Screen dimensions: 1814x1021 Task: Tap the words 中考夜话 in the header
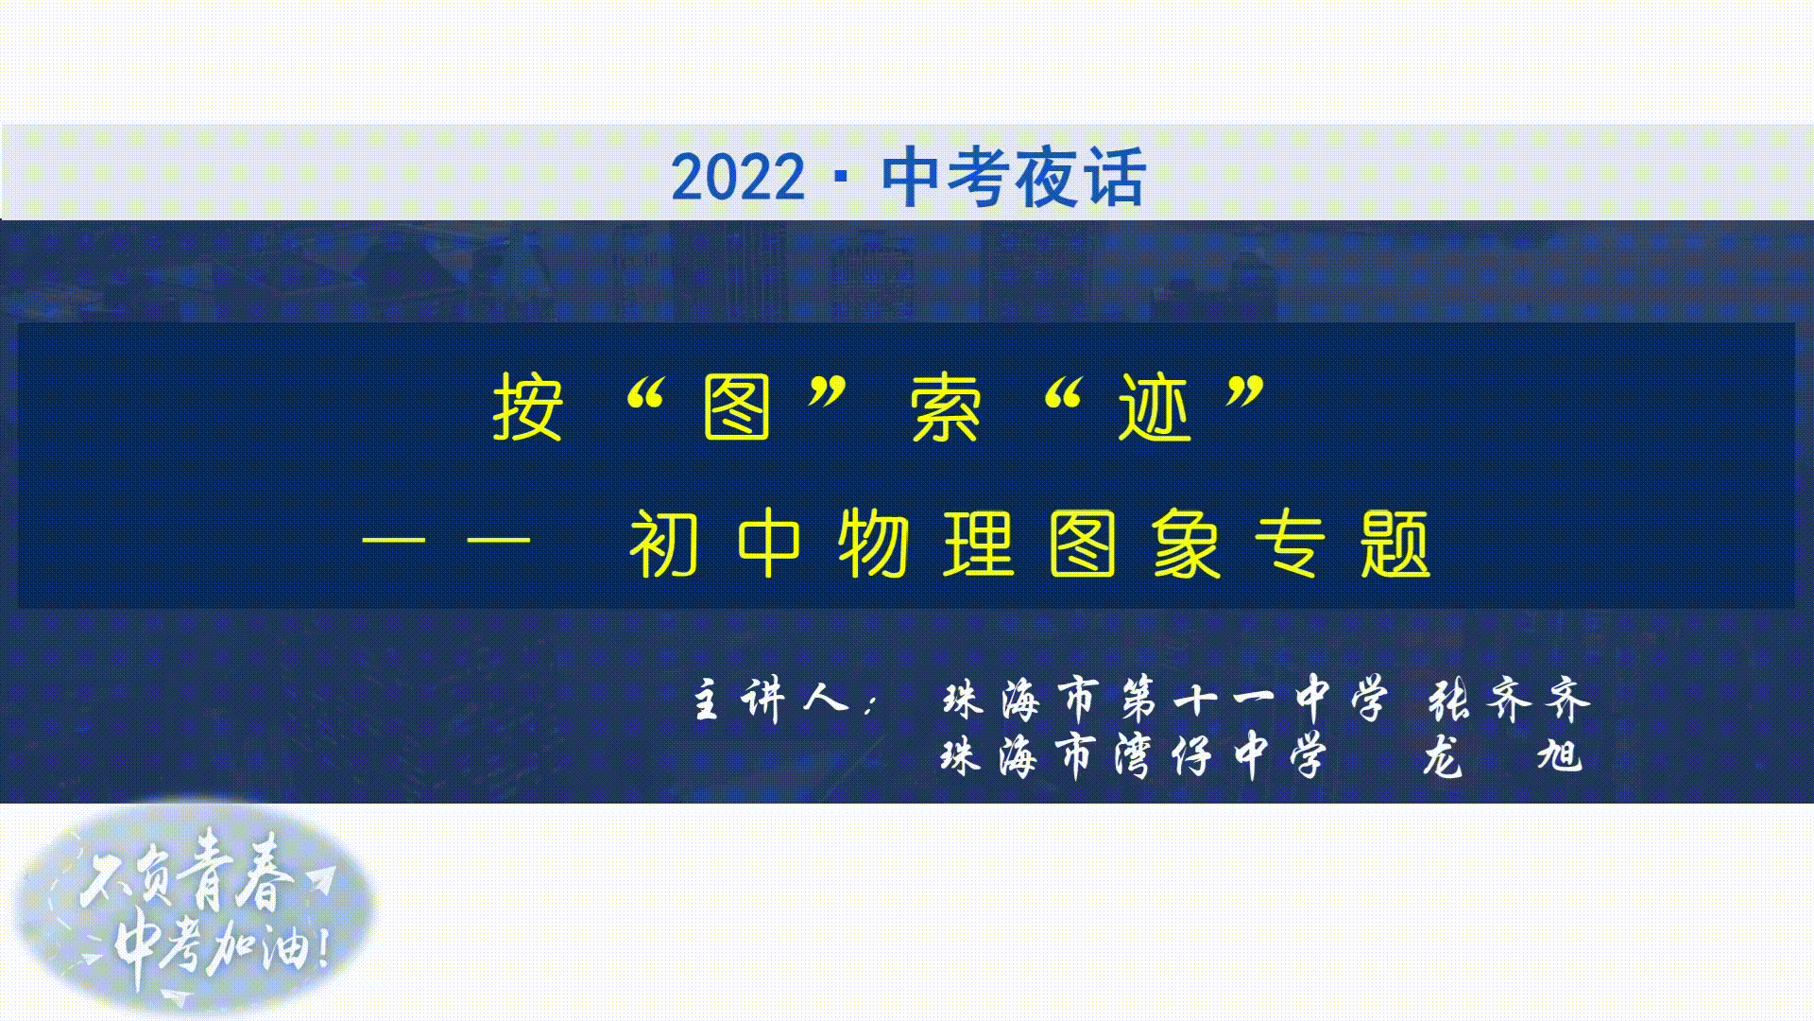coord(1014,177)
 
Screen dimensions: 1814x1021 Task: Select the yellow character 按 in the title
coord(528,408)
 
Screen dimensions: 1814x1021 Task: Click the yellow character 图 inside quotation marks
coord(737,408)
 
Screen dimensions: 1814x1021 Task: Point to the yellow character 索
coord(946,408)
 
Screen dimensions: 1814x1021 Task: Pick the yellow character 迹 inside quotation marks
coord(1155,408)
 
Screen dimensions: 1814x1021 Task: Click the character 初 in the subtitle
coord(664,545)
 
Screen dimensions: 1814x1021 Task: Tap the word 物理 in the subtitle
coord(927,545)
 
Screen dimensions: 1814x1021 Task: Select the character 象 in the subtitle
coord(1188,545)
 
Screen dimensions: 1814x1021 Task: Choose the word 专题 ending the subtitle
coord(1343,545)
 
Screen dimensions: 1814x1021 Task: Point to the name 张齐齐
coord(1509,701)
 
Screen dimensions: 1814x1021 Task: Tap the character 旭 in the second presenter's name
coord(1560,756)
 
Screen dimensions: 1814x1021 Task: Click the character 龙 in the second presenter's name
coord(1443,756)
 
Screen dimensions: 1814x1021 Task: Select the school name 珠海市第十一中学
coord(1166,701)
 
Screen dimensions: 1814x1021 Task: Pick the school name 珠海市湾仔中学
coord(1135,756)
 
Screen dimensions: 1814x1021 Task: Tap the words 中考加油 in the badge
coord(222,945)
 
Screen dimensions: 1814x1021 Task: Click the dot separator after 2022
coord(843,178)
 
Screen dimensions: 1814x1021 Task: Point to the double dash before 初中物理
coord(446,545)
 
